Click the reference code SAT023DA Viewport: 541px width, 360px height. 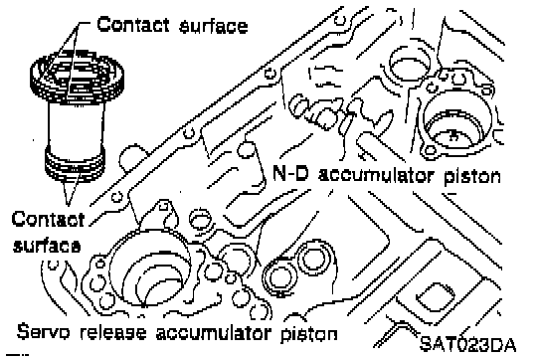click(468, 344)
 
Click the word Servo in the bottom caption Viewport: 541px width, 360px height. click(43, 331)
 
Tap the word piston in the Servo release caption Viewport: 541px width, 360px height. click(309, 334)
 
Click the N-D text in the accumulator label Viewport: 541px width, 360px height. click(290, 173)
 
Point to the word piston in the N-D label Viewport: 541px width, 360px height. click(471, 176)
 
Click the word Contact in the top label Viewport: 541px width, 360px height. click(133, 24)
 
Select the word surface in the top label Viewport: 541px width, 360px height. click(214, 26)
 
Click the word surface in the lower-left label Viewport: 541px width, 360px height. click(47, 246)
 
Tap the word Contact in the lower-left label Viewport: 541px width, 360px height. click(48, 219)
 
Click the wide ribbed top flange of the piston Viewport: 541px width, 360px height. click(77, 77)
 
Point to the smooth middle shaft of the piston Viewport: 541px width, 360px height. click(76, 126)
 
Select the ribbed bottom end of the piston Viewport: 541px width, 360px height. click(75, 162)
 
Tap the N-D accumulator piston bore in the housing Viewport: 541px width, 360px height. click(454, 119)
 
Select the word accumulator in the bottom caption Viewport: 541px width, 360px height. click(213, 333)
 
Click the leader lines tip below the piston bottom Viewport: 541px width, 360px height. click(69, 204)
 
